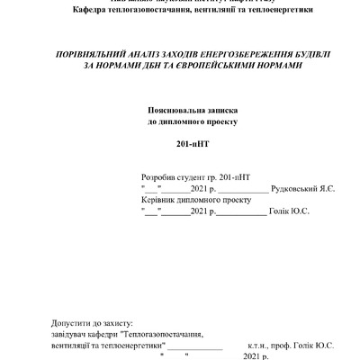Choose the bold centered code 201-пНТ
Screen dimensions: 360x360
[192, 144]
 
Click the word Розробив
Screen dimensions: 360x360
[159, 178]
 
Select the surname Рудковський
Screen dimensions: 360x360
[300, 189]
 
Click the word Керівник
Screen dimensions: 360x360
[158, 200]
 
